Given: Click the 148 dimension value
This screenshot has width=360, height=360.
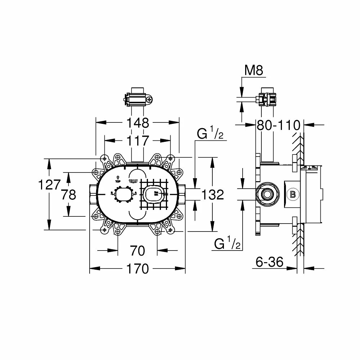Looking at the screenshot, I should [x=138, y=123].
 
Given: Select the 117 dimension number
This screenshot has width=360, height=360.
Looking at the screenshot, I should [x=138, y=141].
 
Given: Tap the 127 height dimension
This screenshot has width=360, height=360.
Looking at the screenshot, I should [x=49, y=185].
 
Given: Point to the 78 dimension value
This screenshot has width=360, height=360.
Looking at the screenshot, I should [x=68, y=195].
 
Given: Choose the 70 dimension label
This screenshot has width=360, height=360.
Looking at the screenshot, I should [x=138, y=250].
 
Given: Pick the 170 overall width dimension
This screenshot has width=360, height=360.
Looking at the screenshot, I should [x=138, y=269].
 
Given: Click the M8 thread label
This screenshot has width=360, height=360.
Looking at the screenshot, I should [x=254, y=71].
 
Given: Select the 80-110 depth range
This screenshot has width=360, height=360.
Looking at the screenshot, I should [x=278, y=125].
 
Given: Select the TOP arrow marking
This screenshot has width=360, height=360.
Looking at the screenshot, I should [x=117, y=179].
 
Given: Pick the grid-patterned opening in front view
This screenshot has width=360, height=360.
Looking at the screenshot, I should [x=154, y=194].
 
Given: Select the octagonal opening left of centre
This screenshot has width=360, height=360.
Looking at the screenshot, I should [x=124, y=195].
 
